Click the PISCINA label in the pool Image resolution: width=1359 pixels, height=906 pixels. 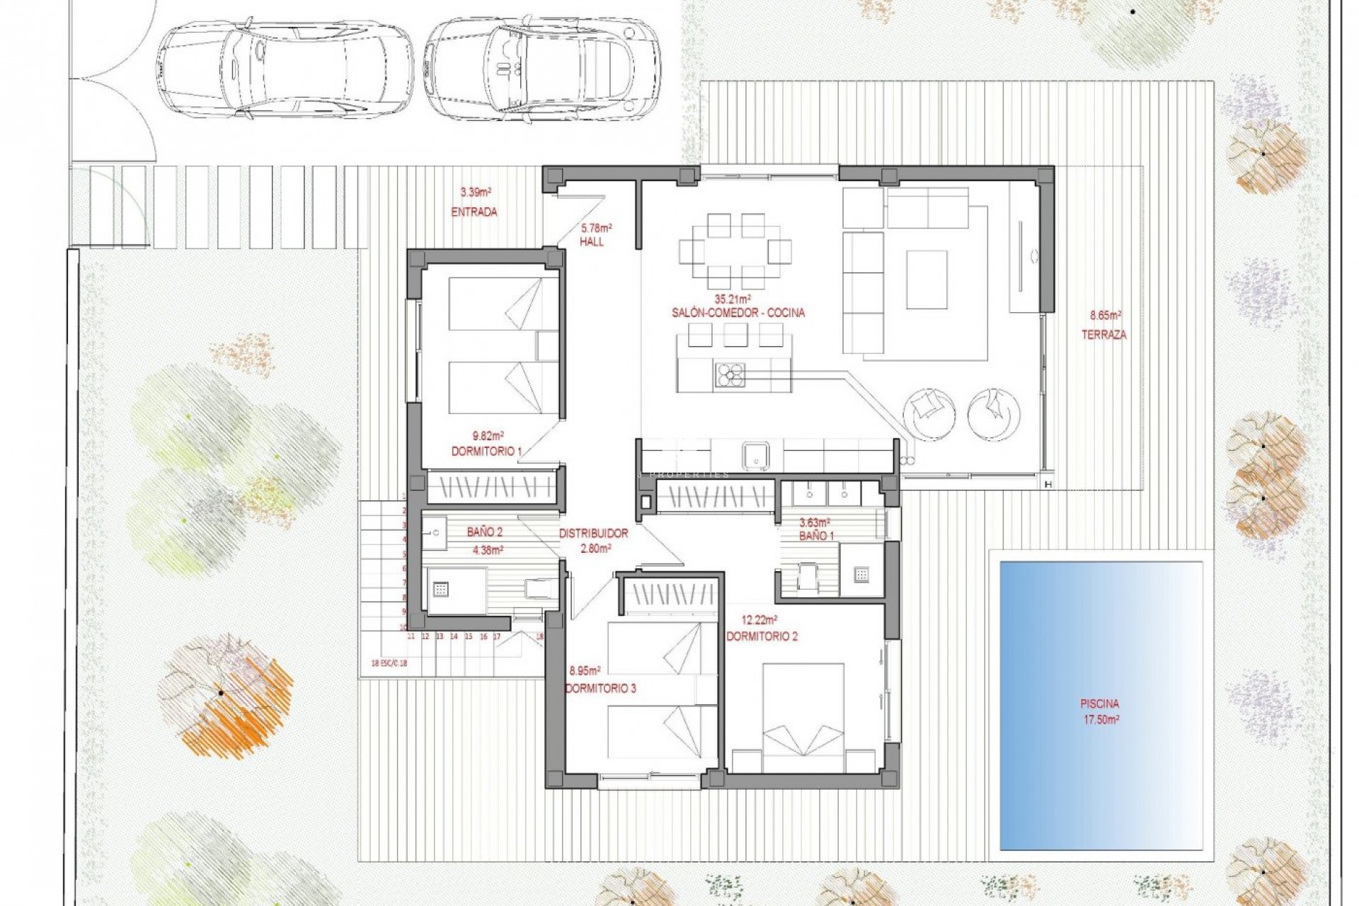[x=1100, y=704]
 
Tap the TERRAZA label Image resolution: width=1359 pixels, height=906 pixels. [x=1103, y=335]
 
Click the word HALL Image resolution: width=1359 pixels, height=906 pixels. [x=592, y=241]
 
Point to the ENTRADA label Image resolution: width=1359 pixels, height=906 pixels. [x=474, y=212]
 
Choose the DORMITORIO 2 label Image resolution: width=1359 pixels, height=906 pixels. [x=762, y=636]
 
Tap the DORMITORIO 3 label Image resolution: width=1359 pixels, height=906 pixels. [x=600, y=688]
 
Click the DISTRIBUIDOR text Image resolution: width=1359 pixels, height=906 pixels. [x=593, y=534]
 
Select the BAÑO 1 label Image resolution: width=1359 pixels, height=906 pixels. [x=816, y=537]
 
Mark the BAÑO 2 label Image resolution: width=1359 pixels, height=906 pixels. [x=485, y=532]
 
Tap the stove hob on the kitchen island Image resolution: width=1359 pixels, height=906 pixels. [x=730, y=374]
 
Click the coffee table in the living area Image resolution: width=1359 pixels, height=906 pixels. [x=927, y=280]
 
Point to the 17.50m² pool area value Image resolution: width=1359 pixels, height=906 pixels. [x=1100, y=719]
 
